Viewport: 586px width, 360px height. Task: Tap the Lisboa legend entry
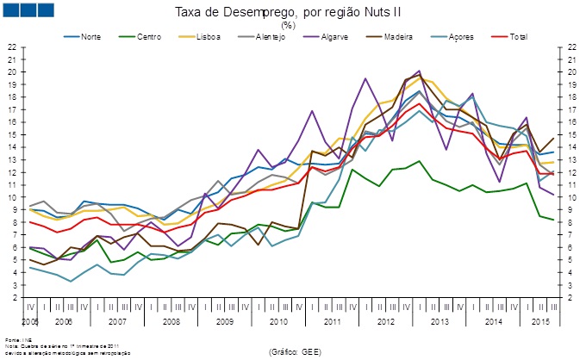click(208, 38)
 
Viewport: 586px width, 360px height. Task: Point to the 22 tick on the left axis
click(12, 47)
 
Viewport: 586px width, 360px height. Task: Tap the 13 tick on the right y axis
click(572, 159)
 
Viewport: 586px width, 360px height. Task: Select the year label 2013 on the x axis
click(439, 320)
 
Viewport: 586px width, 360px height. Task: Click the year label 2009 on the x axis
click(224, 320)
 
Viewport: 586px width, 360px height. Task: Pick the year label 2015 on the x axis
click(541, 320)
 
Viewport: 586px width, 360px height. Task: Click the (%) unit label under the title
click(288, 26)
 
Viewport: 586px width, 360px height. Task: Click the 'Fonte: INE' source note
click(16, 339)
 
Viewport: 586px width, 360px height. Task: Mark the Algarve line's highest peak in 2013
click(419, 71)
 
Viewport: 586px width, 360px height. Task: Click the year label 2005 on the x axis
click(31, 320)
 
